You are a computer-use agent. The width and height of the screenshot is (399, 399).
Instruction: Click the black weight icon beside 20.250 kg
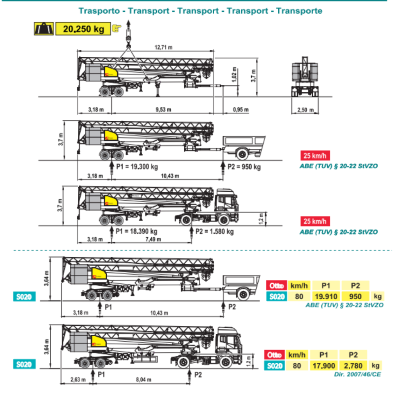43,29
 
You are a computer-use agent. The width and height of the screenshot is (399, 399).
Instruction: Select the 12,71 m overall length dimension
164,48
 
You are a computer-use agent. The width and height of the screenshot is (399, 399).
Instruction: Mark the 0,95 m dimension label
240,109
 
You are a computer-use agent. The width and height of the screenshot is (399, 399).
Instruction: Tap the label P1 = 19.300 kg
137,167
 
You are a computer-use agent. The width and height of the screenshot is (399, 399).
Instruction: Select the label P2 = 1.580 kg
215,232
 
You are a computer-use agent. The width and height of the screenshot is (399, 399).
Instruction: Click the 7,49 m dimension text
153,239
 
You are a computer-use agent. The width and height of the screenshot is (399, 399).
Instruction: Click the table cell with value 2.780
353,365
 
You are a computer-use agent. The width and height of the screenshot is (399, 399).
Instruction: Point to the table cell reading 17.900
324,365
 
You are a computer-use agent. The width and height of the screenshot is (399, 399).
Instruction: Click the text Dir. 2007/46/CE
357,374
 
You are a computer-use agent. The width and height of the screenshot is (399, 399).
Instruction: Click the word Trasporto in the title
99,11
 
